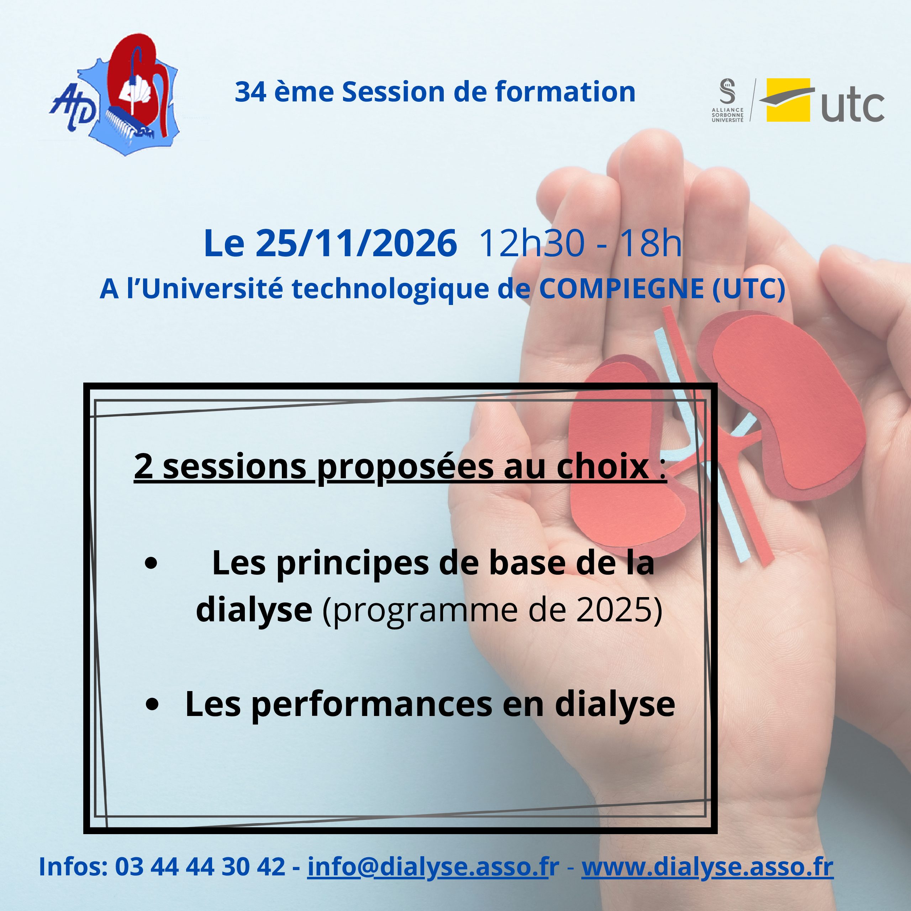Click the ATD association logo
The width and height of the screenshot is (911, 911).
(115, 95)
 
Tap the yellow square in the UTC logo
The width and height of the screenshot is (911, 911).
(788, 100)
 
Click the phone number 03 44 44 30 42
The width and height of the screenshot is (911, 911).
(200, 867)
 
